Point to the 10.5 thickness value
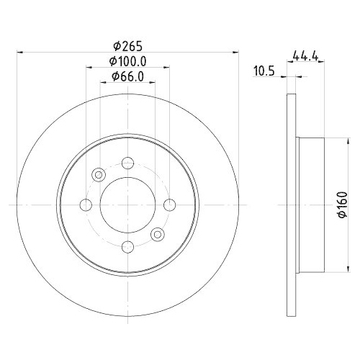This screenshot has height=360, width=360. pos(266,71)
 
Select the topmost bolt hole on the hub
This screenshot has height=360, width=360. pos(128,163)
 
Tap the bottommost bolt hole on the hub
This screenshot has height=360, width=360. pos(128,248)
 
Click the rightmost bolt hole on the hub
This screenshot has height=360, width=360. pos(170,205)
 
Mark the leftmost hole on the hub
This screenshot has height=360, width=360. pos(86,205)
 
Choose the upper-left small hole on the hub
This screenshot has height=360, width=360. pos(99,175)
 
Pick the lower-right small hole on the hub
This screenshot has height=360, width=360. pos(158,235)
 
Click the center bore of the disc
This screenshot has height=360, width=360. pos(128,205)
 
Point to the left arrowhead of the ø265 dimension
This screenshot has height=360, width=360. pos(19,52)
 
